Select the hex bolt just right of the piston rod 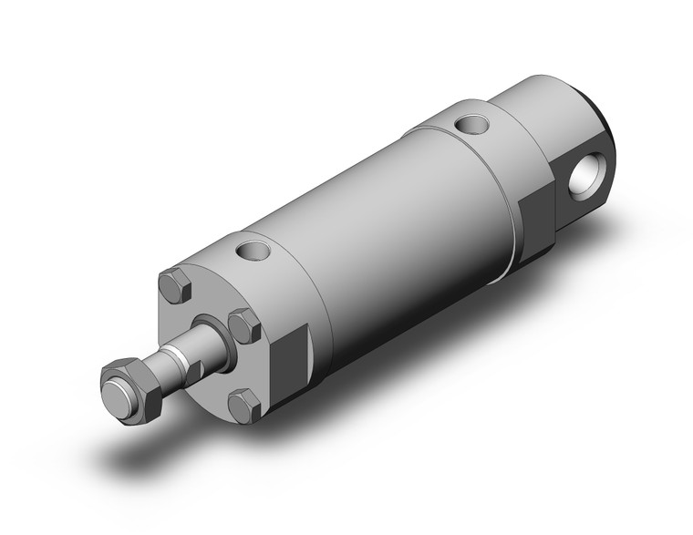[x=244, y=324]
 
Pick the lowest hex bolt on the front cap [x=243, y=405]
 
